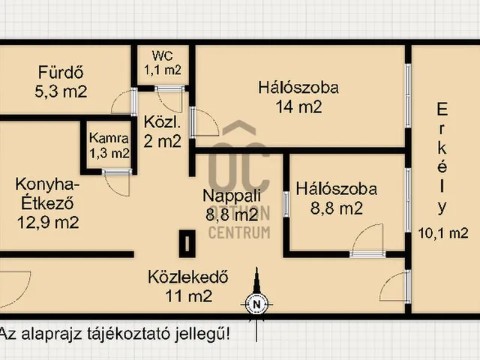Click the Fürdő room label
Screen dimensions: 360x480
(x=60, y=73)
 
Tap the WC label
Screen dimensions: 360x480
(x=163, y=55)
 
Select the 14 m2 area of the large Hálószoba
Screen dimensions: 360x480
(x=298, y=106)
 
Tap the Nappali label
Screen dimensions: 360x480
(x=232, y=196)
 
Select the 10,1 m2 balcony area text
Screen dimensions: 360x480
(x=442, y=232)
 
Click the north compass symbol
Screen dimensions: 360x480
(x=256, y=304)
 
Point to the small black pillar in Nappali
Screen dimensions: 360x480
(x=185, y=242)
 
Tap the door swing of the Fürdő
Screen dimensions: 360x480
(x=122, y=103)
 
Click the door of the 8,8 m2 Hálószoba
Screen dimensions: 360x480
(x=368, y=241)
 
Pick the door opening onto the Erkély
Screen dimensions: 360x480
(x=395, y=289)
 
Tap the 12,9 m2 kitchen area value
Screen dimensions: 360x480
(x=48, y=221)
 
